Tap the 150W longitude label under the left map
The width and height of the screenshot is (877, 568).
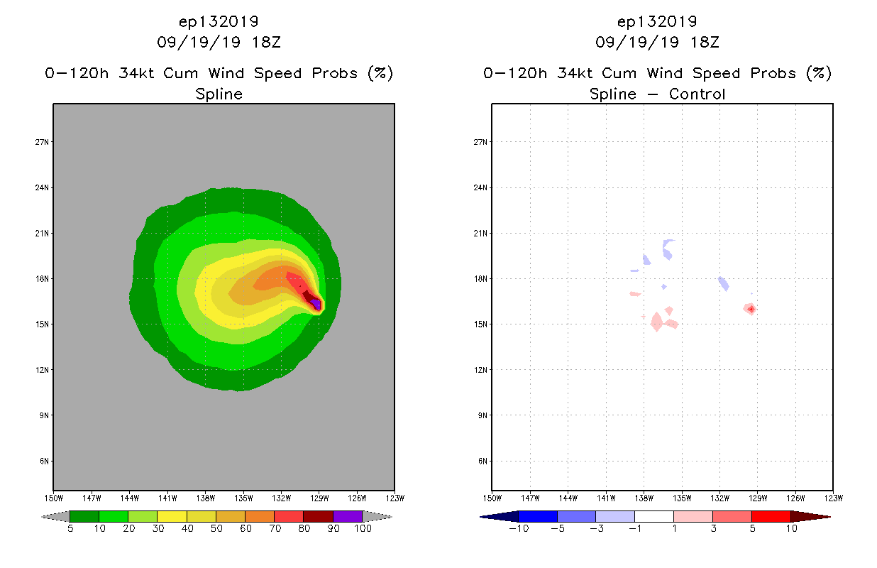[x=53, y=498]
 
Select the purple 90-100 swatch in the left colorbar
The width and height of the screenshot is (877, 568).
[x=348, y=516]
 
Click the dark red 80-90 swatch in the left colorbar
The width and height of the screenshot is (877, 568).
[x=318, y=516]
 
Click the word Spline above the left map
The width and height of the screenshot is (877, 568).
[x=219, y=94]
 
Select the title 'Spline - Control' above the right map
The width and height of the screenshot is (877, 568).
[x=657, y=94]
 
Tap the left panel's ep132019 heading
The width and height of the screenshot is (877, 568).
[x=219, y=21]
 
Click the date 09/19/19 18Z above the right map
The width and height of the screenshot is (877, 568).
[x=657, y=42]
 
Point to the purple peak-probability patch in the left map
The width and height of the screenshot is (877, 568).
[x=316, y=304]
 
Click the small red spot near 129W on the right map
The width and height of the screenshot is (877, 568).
[x=751, y=309]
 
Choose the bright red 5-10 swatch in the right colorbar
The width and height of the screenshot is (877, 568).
[x=771, y=516]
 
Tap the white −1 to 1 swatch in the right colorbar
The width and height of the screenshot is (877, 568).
[x=653, y=516]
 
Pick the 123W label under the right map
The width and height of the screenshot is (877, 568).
[x=833, y=498]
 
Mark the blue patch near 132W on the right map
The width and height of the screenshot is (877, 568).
[x=724, y=283]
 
